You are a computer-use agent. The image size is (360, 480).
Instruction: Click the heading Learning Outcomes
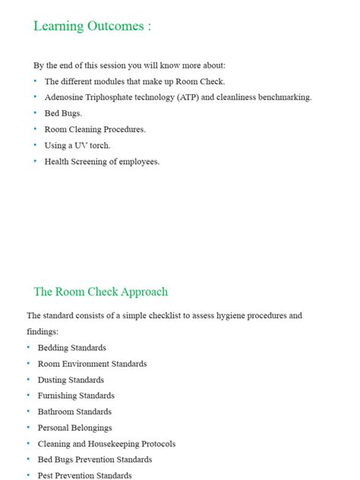92,27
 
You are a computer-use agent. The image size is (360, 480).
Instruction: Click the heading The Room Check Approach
100,292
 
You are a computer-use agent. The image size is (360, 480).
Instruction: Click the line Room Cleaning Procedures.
95,129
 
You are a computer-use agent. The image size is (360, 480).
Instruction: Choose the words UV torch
84,145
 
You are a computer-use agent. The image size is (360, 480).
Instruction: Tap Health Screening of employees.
102,161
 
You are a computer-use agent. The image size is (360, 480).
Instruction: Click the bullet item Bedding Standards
71,348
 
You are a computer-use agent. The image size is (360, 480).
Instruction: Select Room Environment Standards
92,364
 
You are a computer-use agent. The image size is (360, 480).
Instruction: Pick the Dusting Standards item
71,380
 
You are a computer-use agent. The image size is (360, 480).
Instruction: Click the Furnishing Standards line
76,396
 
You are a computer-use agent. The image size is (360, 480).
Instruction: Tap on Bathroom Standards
74,412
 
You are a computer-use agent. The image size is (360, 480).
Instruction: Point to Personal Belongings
74,428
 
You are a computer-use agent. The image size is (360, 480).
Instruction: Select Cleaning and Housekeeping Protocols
106,444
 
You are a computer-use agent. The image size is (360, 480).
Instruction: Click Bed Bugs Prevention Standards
95,459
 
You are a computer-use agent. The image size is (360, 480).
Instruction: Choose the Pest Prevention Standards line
84,475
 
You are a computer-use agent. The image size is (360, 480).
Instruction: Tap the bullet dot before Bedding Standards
28,347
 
